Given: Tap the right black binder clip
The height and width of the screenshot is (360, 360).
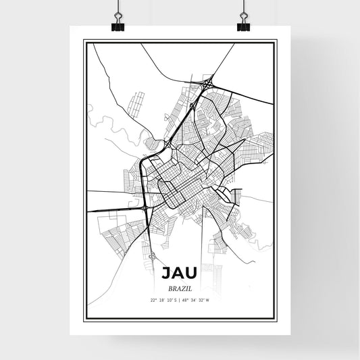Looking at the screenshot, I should [243, 24].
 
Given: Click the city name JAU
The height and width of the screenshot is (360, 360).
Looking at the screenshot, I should [180, 273].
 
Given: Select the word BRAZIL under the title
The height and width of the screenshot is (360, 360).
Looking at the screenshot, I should [180, 287].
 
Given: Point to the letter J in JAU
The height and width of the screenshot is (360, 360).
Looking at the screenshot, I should [166, 273].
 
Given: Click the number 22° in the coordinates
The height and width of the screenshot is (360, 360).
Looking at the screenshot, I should [153, 300].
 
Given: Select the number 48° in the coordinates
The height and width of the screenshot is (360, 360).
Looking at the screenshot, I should [184, 300].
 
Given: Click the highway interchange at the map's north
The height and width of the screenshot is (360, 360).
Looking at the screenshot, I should [205, 84].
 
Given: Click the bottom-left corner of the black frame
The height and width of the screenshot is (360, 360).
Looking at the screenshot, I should [84, 318].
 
